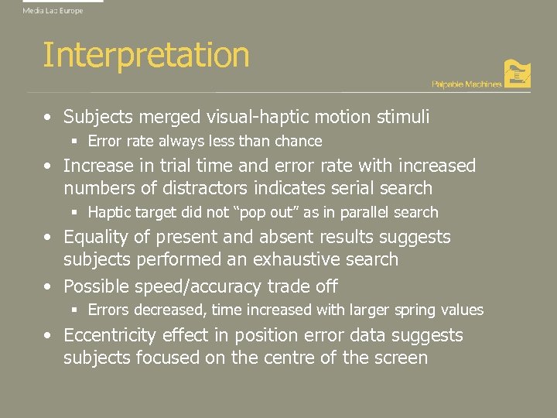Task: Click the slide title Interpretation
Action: pyautogui.click(x=145, y=56)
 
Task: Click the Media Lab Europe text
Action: pyautogui.click(x=53, y=11)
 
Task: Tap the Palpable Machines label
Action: pyautogui.click(x=466, y=84)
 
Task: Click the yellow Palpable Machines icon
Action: pyautogui.click(x=517, y=74)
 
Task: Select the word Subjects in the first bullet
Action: pyautogui.click(x=96, y=118)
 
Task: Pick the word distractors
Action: pyautogui.click(x=203, y=188)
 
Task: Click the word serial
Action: pyautogui.click(x=355, y=188)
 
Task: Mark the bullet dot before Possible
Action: pyautogui.click(x=49, y=286)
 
